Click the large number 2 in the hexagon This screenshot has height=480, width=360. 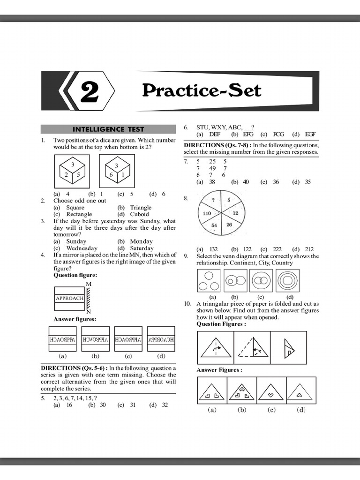point(89,91)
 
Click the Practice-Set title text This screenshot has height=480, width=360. point(202,90)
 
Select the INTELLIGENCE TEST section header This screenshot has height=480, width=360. point(108,129)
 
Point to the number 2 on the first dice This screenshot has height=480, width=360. point(67,174)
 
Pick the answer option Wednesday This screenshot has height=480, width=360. point(82,248)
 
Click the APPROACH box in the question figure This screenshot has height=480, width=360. point(69,298)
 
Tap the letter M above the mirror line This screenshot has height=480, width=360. point(88,285)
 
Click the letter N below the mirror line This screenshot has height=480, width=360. point(88,312)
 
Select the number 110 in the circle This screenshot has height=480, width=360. point(207,213)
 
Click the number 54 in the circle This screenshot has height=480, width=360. point(214,225)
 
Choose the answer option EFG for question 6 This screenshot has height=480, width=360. point(248,134)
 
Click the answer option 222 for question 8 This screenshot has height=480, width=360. point(276,249)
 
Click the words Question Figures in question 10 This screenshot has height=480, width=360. point(220,324)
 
